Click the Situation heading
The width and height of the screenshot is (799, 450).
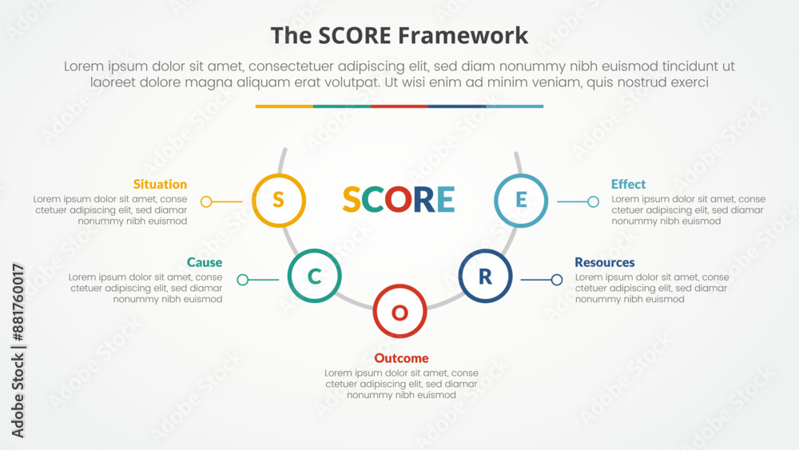tap(160, 184)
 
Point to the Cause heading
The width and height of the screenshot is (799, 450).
tap(205, 262)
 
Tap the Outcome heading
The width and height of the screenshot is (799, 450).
tap(401, 358)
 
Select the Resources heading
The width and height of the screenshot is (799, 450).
tap(604, 262)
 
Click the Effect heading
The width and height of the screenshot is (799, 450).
tap(628, 184)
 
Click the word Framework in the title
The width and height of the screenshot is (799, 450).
tap(463, 36)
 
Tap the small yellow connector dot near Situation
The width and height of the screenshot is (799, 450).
tap(206, 201)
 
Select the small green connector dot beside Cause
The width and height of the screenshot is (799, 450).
tap(243, 279)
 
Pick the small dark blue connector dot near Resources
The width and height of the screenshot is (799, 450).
tap(556, 279)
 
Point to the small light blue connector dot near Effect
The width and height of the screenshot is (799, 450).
tap(593, 201)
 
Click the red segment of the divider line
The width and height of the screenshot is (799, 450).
tap(399, 106)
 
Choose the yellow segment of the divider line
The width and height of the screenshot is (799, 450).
tap(284, 106)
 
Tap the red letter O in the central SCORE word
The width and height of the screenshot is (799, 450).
tap(399, 199)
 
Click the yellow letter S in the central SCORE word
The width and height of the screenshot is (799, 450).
tap(352, 199)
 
